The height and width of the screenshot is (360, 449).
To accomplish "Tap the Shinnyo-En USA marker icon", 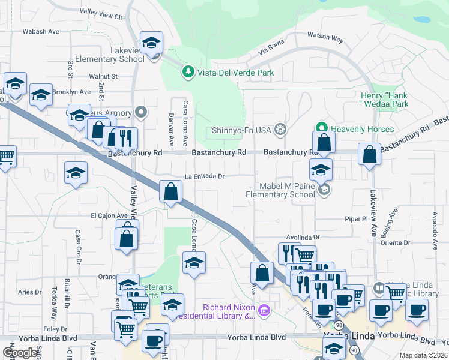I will tap(280, 130).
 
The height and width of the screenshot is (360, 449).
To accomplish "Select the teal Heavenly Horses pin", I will tap(321, 129).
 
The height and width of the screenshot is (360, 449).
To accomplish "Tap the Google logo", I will tap(20, 352).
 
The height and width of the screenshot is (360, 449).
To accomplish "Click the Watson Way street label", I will tap(325, 37).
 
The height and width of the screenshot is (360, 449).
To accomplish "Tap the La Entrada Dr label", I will tap(204, 176).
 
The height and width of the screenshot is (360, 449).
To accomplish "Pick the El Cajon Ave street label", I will tap(109, 215).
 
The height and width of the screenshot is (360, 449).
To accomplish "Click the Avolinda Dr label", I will tap(303, 237).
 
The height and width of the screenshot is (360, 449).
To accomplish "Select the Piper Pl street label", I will tap(356, 218).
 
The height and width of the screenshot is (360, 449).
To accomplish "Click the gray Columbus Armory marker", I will tap(141, 112).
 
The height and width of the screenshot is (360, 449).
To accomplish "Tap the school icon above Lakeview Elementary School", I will tap(152, 43).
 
